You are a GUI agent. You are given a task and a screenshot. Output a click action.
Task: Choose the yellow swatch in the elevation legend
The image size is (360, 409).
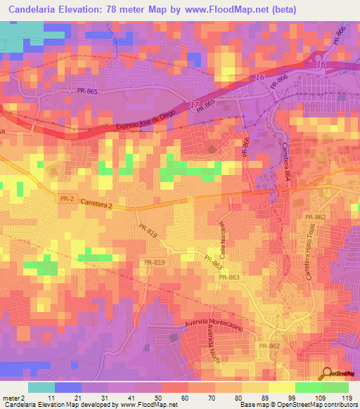[281, 387]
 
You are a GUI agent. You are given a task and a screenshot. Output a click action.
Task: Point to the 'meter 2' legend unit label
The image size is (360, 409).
[13, 397]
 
